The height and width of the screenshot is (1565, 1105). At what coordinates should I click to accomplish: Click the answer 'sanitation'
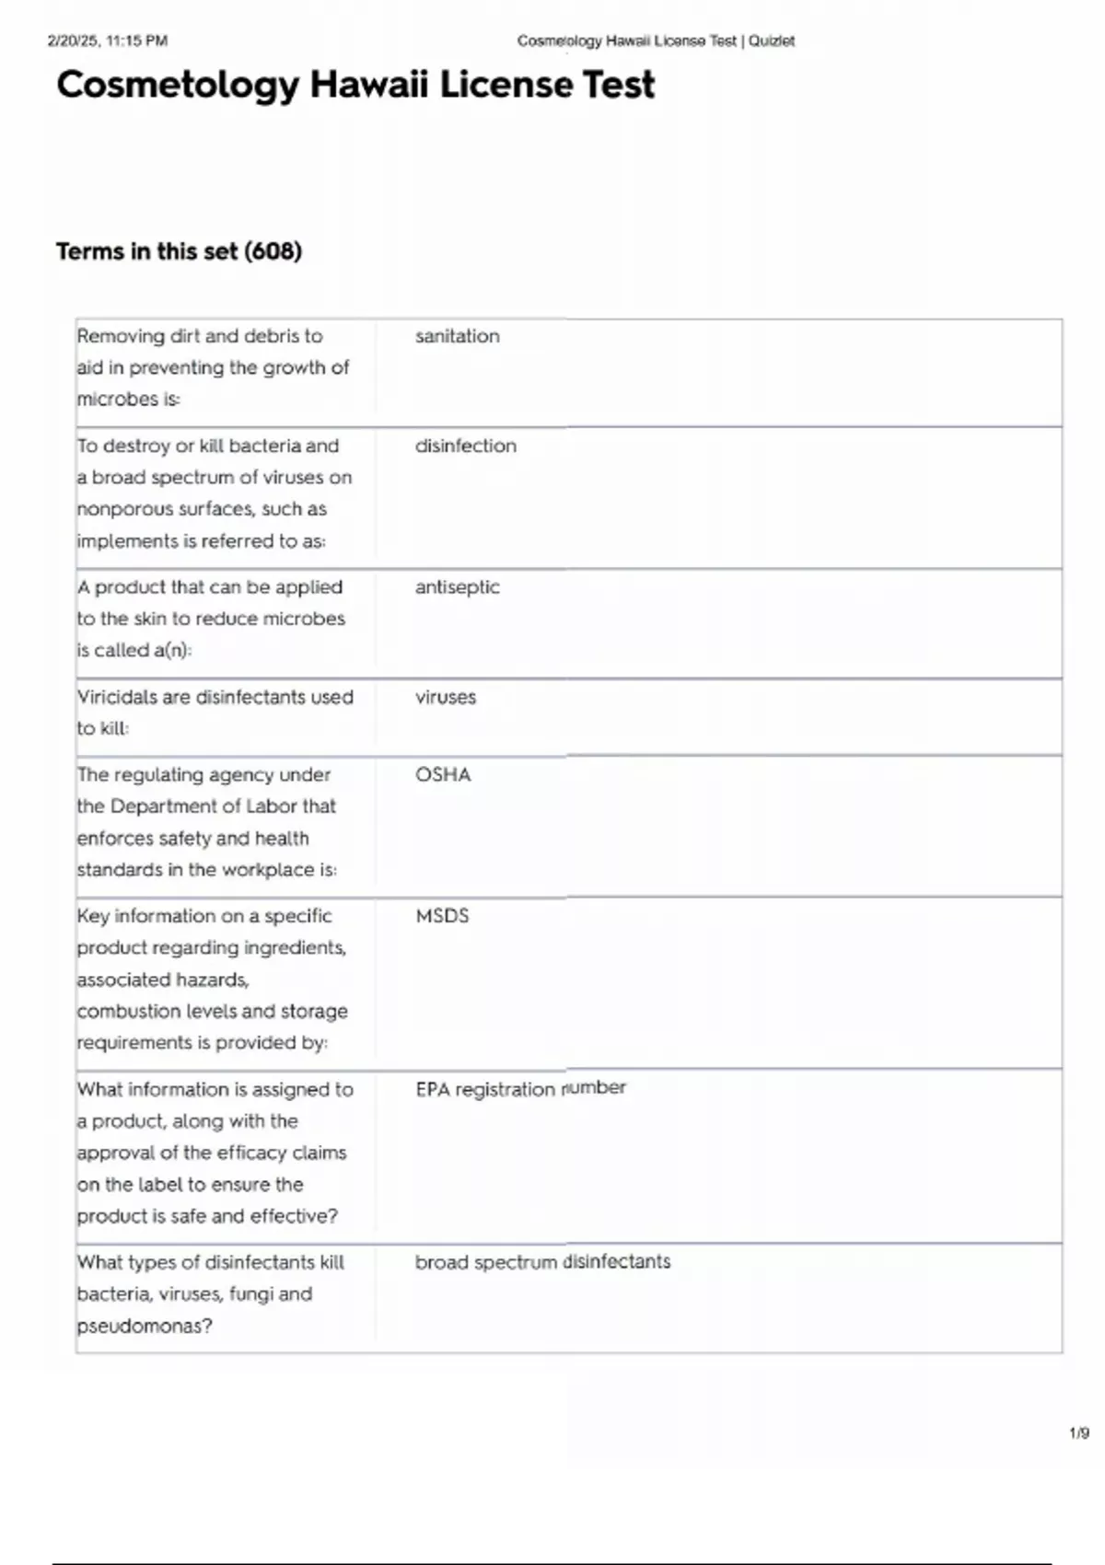pos(457,337)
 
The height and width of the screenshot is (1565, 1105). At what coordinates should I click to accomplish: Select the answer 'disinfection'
pos(465,446)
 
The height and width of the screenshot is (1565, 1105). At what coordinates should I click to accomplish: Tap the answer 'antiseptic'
pos(457,587)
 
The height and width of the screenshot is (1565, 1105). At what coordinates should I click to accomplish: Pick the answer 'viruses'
pos(445,698)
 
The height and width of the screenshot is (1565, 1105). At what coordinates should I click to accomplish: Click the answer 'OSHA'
pos(443,775)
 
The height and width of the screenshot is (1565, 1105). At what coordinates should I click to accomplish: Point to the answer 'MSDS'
pos(442,917)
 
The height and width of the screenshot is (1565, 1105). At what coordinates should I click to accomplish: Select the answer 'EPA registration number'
pos(520,1089)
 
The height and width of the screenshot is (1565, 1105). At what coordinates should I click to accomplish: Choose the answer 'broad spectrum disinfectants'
pos(542,1262)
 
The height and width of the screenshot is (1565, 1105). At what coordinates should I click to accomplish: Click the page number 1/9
pos(1079,1433)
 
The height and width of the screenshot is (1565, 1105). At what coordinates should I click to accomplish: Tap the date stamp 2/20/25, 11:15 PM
pos(108,41)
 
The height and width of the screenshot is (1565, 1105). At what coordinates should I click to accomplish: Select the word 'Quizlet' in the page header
pos(772,41)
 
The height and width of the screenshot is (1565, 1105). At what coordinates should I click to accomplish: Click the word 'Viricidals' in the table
pos(117,698)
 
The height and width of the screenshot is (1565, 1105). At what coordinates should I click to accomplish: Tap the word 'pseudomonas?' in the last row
pos(145,1327)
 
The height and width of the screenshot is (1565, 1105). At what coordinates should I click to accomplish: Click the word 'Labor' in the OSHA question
pos(271,807)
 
